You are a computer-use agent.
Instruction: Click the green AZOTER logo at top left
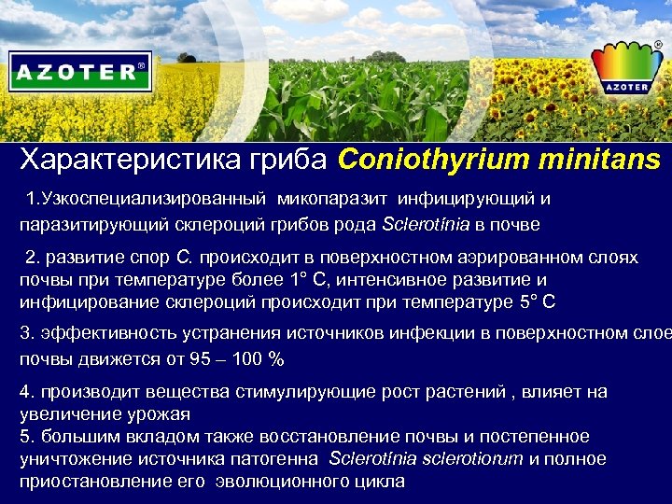coord(80,71)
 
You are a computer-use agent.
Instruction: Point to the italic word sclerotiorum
coord(473,458)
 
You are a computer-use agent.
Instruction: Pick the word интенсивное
coord(414,279)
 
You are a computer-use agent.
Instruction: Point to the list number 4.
coord(25,391)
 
